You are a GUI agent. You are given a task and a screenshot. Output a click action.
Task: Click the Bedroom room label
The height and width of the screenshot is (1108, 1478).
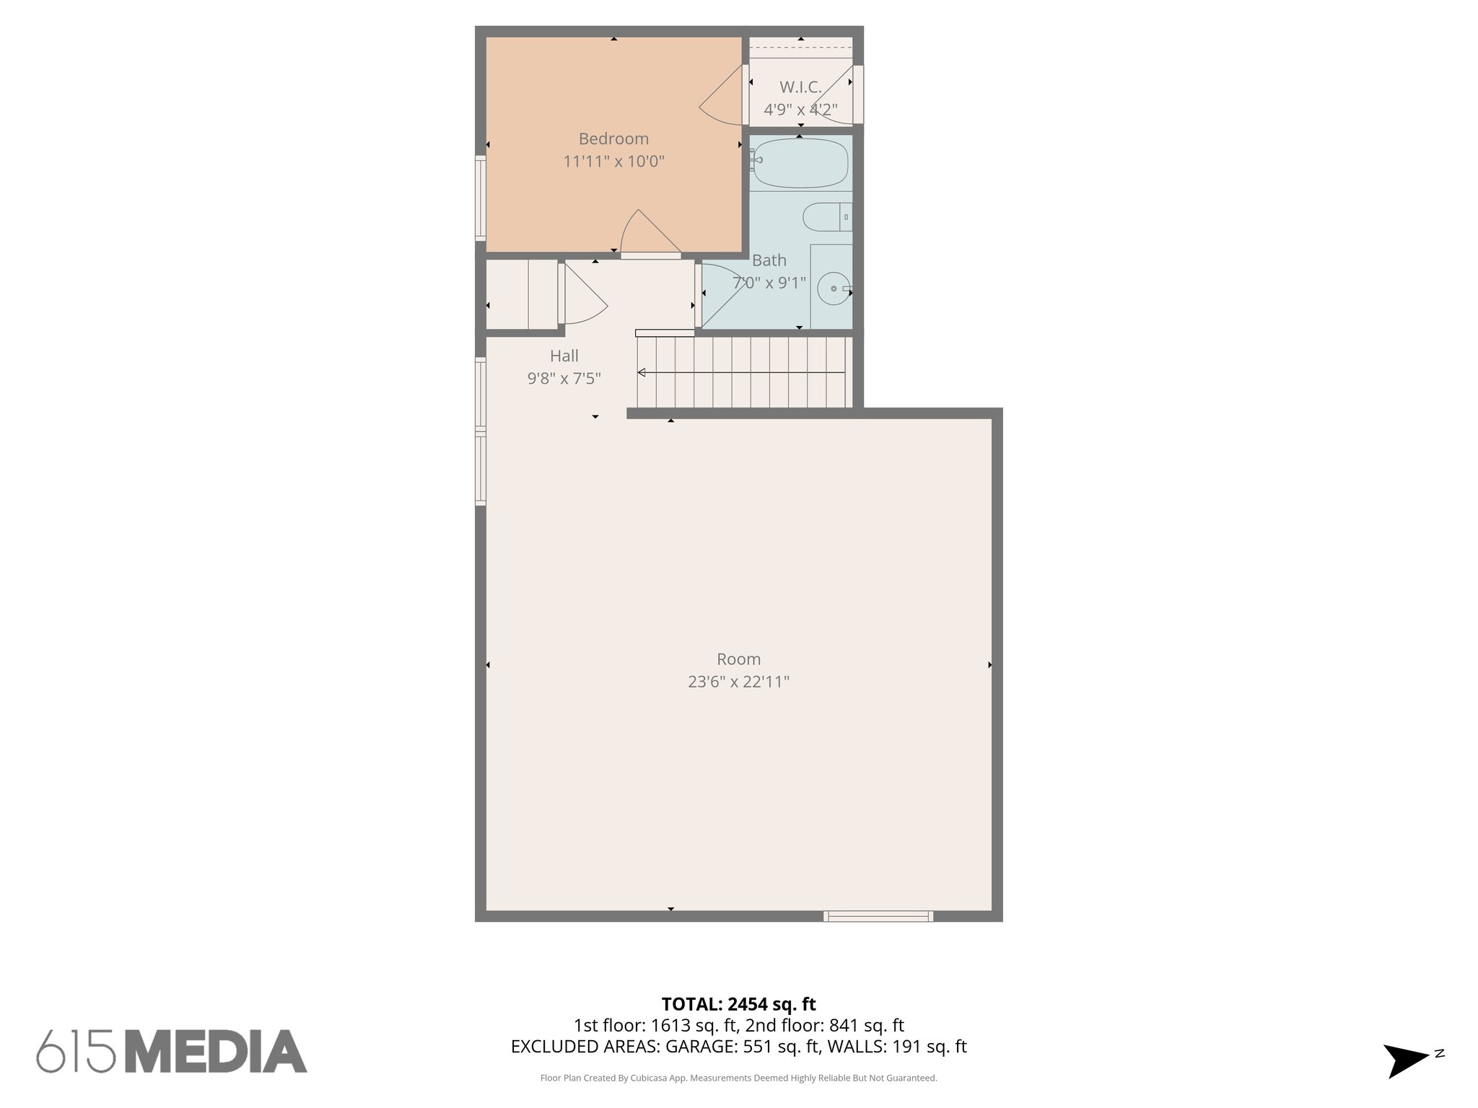(613, 138)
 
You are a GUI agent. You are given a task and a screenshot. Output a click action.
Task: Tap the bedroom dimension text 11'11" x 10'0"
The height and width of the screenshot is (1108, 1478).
(613, 161)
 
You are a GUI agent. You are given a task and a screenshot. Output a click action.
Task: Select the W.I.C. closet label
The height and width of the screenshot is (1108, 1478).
(800, 87)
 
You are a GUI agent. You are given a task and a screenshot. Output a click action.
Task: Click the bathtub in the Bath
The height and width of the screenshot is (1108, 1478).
(800, 163)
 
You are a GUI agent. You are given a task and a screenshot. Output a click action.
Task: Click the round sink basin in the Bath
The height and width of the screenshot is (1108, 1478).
(834, 289)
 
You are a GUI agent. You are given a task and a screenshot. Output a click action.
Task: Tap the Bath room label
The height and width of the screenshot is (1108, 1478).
(769, 260)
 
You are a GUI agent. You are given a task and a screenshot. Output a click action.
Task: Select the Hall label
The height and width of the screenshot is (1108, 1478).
(564, 356)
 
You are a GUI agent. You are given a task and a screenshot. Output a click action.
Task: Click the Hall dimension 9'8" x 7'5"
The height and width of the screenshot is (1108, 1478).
(564, 378)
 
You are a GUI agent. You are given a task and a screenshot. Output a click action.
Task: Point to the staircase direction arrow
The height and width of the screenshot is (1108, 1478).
(740, 372)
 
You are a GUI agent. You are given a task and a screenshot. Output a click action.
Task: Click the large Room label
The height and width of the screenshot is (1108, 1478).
(738, 659)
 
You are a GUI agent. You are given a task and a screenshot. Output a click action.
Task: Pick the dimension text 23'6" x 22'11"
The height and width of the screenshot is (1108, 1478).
(738, 682)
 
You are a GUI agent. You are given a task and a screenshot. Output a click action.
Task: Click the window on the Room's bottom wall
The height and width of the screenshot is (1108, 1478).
(878, 916)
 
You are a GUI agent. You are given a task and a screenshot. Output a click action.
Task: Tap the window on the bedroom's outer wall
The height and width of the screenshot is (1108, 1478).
(480, 198)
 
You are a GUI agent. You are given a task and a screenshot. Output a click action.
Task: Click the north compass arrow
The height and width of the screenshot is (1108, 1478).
(1405, 1060)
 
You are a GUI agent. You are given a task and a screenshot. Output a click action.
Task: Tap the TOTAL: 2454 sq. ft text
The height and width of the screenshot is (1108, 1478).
(738, 1003)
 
